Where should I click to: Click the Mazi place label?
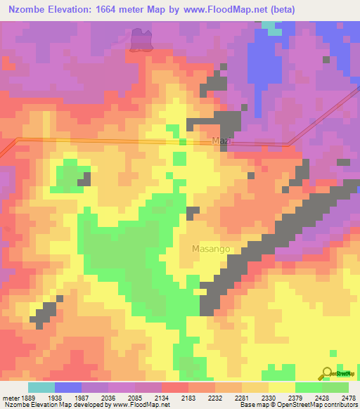point(221,141)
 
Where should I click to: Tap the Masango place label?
point(211,249)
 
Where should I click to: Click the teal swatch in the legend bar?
point(41,387)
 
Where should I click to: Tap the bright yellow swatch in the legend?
point(281,387)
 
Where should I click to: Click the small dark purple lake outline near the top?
point(141,40)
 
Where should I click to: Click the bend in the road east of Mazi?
point(288,145)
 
